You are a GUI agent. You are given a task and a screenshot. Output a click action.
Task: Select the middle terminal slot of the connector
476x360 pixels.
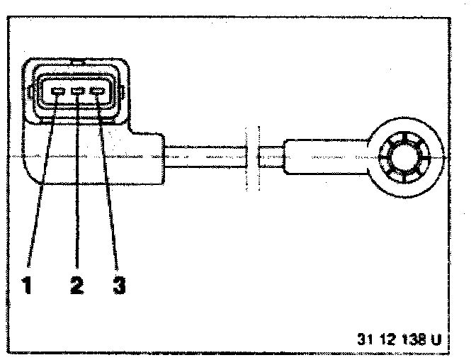click(78, 92)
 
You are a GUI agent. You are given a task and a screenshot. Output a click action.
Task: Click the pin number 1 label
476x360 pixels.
click(27, 286)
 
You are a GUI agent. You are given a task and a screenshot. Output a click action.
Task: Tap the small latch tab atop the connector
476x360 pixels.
click(78, 61)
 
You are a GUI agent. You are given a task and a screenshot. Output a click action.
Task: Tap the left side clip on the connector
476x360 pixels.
click(31, 94)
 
